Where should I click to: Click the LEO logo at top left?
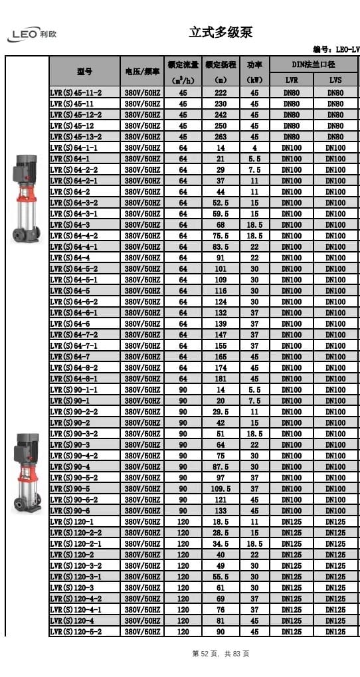click(x=31, y=35)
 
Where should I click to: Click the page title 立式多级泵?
click(x=221, y=33)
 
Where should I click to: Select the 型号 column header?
click(x=84, y=72)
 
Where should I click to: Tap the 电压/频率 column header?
click(x=142, y=72)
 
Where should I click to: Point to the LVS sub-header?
click(x=335, y=80)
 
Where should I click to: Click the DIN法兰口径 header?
click(x=314, y=64)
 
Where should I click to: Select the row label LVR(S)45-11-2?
click(x=76, y=92)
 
